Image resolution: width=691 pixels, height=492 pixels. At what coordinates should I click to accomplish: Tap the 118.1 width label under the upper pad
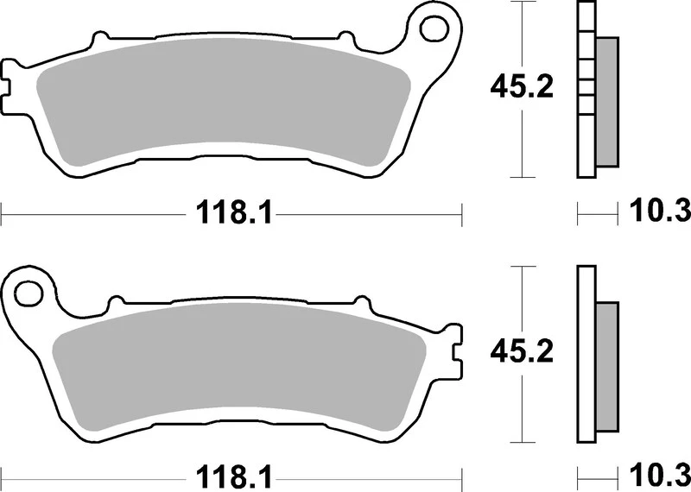click(231, 211)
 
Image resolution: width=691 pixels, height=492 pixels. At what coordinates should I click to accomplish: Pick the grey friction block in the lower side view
click(607, 367)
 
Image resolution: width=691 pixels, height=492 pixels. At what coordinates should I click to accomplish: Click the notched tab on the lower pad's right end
click(455, 350)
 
